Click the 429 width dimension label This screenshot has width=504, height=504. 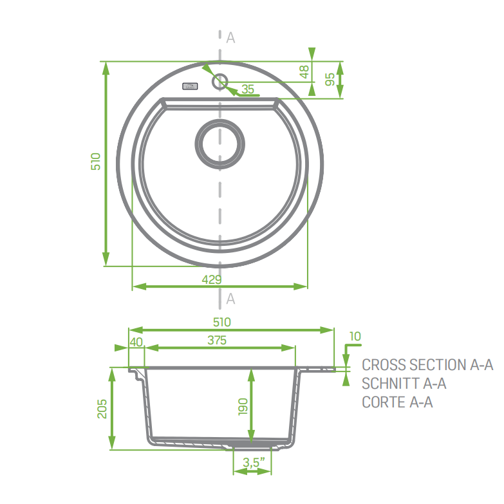click(212, 279)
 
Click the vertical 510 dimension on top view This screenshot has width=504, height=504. click(96, 161)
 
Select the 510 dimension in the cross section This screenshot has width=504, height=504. click(221, 322)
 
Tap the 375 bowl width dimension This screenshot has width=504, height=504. click(217, 341)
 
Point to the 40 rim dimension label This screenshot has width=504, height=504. click(136, 342)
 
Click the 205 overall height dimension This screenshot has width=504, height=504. click(102, 408)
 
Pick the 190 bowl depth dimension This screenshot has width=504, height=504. click(243, 406)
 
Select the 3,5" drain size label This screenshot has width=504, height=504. click(252, 462)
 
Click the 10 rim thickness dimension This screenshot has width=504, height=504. click(355, 336)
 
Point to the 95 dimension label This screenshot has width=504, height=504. click(330, 79)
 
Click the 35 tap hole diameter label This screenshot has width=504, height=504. click(248, 89)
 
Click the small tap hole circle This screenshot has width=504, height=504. click(219, 81)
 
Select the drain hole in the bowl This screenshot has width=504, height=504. click(220, 143)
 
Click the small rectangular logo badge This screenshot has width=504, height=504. click(190, 86)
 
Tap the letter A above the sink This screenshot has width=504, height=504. click(230, 38)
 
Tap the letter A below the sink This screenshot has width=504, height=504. click(230, 299)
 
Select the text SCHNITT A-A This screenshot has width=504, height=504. click(404, 384)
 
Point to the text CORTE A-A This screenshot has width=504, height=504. click(397, 402)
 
